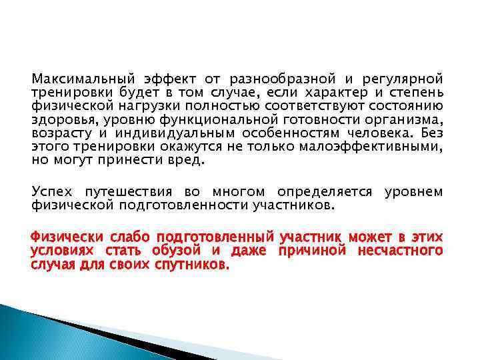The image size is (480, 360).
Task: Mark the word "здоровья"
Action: point(59,119)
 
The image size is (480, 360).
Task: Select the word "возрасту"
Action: point(59,133)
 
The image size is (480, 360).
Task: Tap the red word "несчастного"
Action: point(403,251)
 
